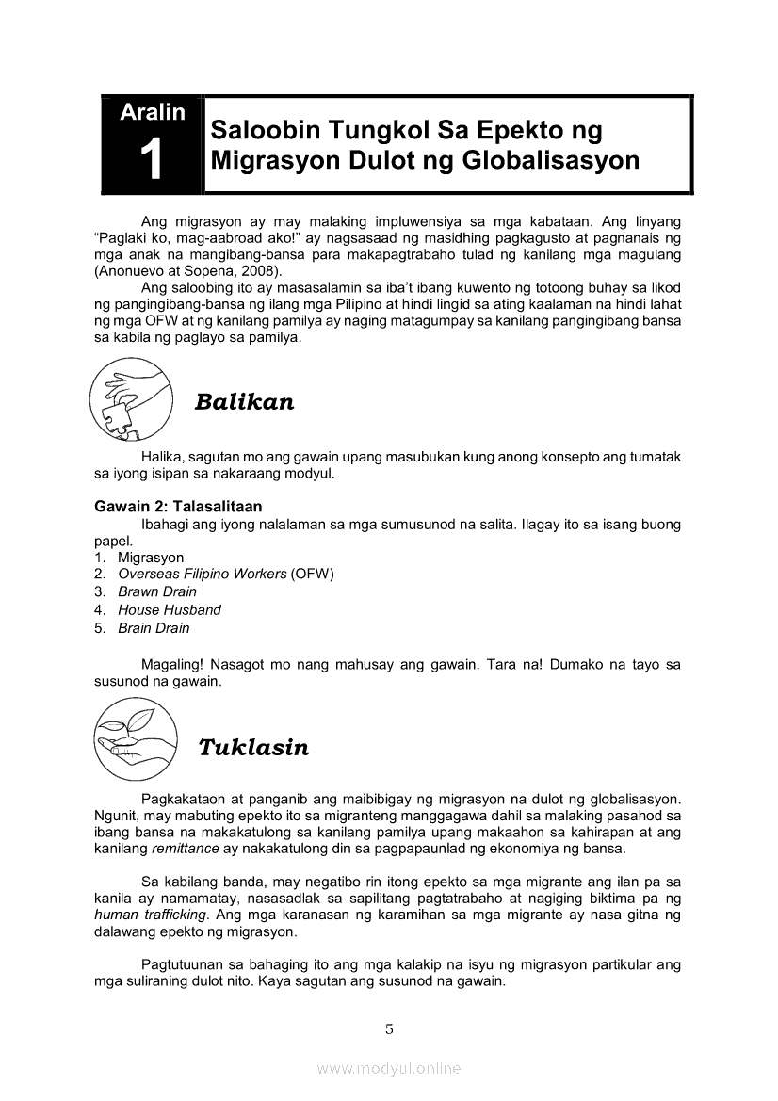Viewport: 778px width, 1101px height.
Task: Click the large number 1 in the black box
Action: click(151, 160)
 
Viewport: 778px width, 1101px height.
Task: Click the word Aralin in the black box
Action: click(152, 112)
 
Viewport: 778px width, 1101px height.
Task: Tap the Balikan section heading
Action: click(244, 402)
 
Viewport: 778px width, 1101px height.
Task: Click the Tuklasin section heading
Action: click(253, 748)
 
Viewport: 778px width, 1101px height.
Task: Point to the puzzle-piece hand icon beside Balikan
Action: click(130, 401)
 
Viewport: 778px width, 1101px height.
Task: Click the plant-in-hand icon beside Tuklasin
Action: click(132, 744)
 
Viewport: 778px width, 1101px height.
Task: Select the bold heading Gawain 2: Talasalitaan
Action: click(178, 507)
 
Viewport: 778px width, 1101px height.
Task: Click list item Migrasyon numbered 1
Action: click(151, 558)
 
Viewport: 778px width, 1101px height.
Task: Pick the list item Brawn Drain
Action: click(157, 591)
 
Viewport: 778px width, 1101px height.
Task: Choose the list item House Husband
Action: click(170, 609)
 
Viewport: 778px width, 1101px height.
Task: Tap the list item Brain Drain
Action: click(154, 628)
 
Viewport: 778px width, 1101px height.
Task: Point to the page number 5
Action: click(389, 1028)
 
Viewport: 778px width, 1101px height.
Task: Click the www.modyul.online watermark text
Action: click(388, 1068)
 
